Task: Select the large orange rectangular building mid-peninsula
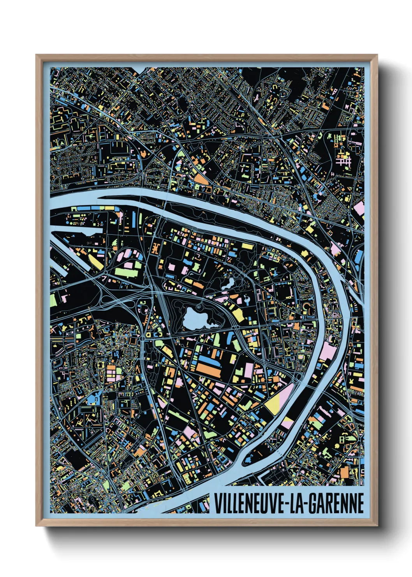click(x=208, y=369)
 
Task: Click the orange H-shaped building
click(x=156, y=248)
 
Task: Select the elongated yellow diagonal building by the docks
click(x=95, y=262)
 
